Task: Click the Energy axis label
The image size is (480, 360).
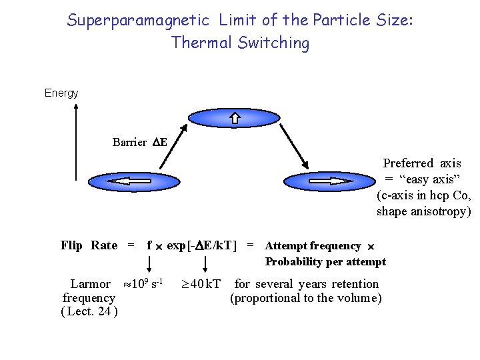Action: pyautogui.click(x=61, y=93)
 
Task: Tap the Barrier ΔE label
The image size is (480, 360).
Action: pyautogui.click(x=139, y=142)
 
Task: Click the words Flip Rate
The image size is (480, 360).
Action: pyautogui.click(x=89, y=245)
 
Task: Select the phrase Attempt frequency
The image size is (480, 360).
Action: pyautogui.click(x=313, y=246)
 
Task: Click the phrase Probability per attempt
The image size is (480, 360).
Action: pyautogui.click(x=325, y=262)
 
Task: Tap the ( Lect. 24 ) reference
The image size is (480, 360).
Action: pyautogui.click(x=89, y=311)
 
